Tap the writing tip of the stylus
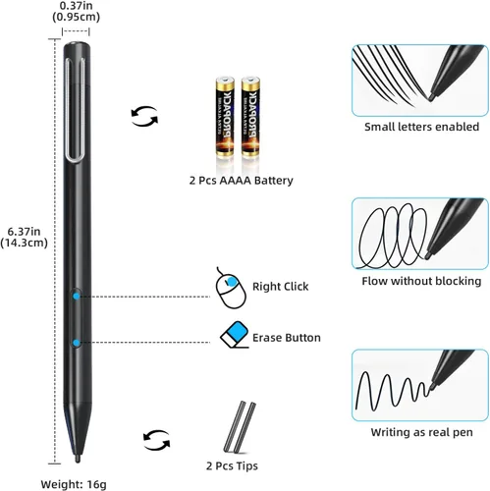point(78,459)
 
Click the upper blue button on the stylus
point(77,297)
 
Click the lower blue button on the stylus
point(77,343)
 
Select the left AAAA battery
point(225,117)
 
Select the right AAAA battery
point(250,117)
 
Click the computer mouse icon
point(231,289)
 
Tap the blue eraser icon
point(235,335)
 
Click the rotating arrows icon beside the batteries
point(144,116)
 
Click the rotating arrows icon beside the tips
point(157,440)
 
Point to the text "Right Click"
point(280,287)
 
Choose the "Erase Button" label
point(287,338)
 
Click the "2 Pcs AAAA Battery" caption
point(241,181)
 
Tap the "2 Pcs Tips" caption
point(232,465)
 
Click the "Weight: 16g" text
point(74,484)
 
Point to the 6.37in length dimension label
point(25,237)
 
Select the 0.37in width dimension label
point(76,11)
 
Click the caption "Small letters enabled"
point(421,127)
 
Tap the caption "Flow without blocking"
point(421,281)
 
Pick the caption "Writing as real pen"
point(421,432)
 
